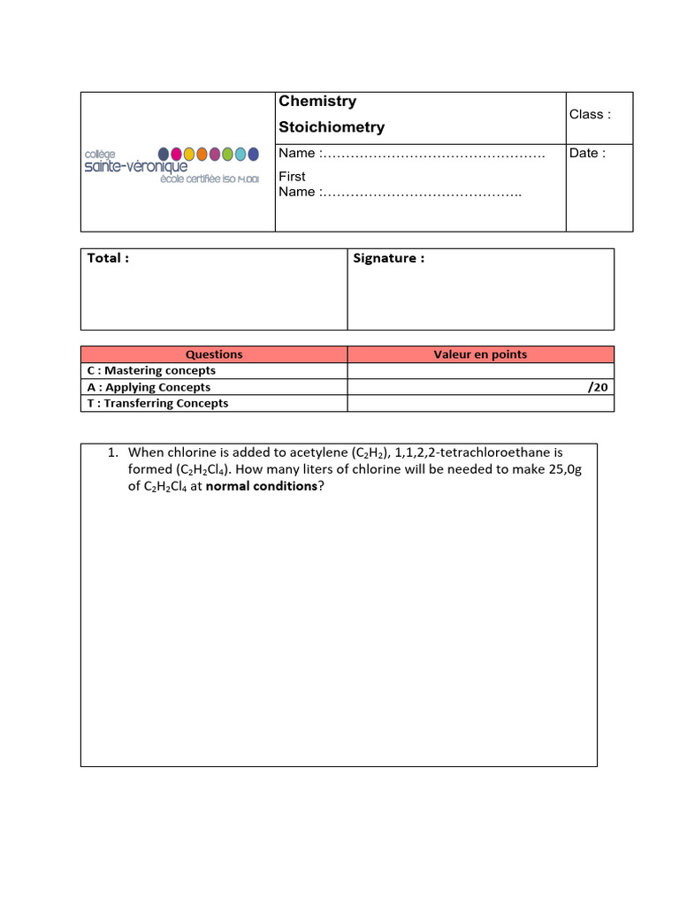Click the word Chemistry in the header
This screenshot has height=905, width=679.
tap(317, 102)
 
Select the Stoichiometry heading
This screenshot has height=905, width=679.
tap(332, 127)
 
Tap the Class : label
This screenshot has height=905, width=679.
tap(590, 114)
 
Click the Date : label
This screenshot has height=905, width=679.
tap(587, 153)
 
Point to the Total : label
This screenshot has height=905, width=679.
tap(108, 258)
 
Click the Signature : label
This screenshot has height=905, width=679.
tap(388, 258)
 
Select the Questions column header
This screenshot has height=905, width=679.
tap(214, 354)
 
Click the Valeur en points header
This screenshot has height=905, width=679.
tap(480, 354)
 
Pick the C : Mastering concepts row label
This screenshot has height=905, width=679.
tap(151, 370)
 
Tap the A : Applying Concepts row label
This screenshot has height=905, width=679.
tap(149, 387)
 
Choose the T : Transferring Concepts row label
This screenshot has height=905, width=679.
tap(157, 403)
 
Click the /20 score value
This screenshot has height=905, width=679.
tap(598, 387)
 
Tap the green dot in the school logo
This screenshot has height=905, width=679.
tap(227, 154)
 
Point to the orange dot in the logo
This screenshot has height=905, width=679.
tap(202, 154)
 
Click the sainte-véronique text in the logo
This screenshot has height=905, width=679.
tap(135, 167)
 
